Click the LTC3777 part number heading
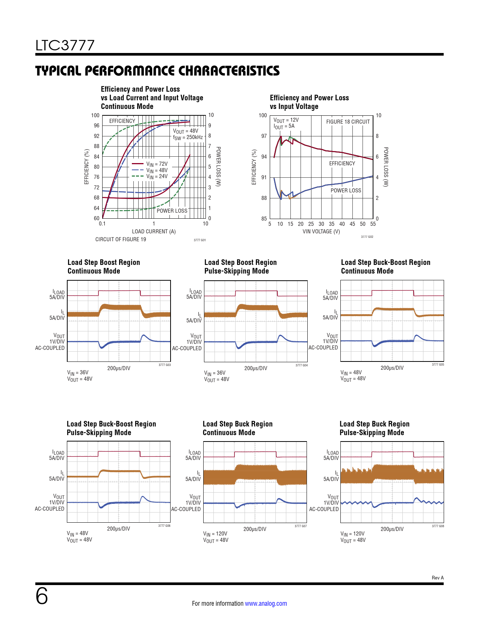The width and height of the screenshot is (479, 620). pyautogui.click(x=65, y=45)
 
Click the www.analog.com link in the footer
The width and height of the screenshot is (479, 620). pyautogui.click(x=266, y=603)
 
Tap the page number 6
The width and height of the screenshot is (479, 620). pyautogui.click(x=42, y=596)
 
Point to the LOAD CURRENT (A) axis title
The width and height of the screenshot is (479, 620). pyautogui.click(x=154, y=231)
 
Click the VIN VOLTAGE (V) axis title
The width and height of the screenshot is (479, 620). pyautogui.click(x=321, y=231)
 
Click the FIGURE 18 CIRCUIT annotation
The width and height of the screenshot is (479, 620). pyautogui.click(x=348, y=122)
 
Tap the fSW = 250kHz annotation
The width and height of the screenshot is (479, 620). pyautogui.click(x=188, y=138)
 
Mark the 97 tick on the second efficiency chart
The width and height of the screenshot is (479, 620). pyautogui.click(x=264, y=136)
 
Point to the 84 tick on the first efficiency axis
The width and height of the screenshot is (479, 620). pyautogui.click(x=97, y=157)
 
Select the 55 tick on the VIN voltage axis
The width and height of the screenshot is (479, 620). pyautogui.click(x=373, y=224)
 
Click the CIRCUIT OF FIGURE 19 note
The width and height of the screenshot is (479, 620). pyautogui.click(x=121, y=239)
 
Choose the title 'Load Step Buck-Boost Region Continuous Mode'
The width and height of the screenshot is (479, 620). pyautogui.click(x=385, y=267)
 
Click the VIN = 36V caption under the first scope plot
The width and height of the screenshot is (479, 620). pyautogui.click(x=78, y=373)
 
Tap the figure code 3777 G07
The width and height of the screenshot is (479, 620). pyautogui.click(x=301, y=526)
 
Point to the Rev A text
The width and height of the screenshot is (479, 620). pyautogui.click(x=438, y=578)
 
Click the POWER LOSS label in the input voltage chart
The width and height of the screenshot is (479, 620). pyautogui.click(x=346, y=191)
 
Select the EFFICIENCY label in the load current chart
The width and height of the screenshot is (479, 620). pyautogui.click(x=122, y=121)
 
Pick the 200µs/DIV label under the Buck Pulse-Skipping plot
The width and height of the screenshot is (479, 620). pyautogui.click(x=392, y=529)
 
